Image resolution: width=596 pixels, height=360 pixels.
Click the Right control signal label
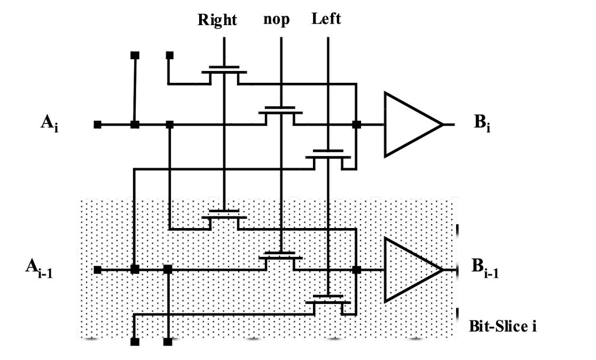pyautogui.click(x=217, y=20)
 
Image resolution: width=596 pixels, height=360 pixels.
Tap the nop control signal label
pyautogui.click(x=276, y=19)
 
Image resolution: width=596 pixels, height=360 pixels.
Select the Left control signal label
pyautogui.click(x=326, y=19)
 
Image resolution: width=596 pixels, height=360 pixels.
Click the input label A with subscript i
pyautogui.click(x=50, y=123)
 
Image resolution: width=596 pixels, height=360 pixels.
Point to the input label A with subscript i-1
pyautogui.click(x=39, y=268)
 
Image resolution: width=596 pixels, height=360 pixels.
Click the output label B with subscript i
pyautogui.click(x=482, y=123)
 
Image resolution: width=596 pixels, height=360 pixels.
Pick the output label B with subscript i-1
pyautogui.click(x=485, y=268)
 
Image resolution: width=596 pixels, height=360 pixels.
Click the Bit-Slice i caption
pyautogui.click(x=503, y=326)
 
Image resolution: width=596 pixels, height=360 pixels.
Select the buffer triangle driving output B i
pyautogui.click(x=413, y=124)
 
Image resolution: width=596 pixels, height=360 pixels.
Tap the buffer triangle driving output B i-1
pyautogui.click(x=413, y=270)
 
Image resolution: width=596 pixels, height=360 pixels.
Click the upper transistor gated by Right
pyautogui.click(x=224, y=74)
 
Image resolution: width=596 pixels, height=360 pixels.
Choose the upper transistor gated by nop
pyautogui.click(x=280, y=115)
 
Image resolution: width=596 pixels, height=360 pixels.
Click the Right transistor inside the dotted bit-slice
pyautogui.click(x=224, y=220)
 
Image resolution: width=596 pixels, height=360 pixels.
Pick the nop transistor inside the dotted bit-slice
pyautogui.click(x=280, y=261)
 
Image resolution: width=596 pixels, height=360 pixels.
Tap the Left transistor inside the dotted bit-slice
pyautogui.click(x=328, y=305)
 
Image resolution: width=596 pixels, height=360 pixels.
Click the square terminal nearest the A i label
pyautogui.click(x=98, y=124)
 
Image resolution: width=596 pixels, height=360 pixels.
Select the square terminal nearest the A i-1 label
pyautogui.click(x=98, y=270)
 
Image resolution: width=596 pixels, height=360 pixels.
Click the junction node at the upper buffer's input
pyautogui.click(x=357, y=124)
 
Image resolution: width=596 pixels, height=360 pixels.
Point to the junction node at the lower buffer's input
pyautogui.click(x=357, y=270)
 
